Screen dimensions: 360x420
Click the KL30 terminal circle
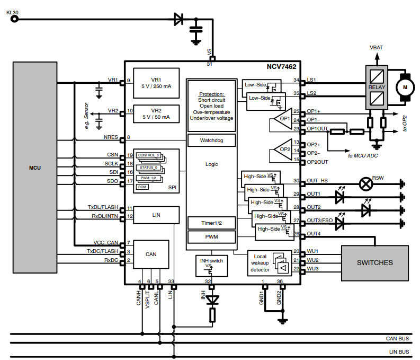pos(14,19)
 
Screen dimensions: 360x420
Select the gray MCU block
pos(34,168)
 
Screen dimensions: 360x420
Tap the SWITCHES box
pos(374,262)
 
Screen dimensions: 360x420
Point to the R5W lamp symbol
pos(365,183)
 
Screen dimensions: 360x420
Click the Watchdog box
pos(211,141)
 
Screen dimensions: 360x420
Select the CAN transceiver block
pos(151,254)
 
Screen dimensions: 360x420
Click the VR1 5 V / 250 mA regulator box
pos(156,82)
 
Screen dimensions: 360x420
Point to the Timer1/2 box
pos(211,223)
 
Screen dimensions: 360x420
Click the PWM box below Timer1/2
pos(211,237)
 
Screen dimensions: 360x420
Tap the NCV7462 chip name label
pos(281,68)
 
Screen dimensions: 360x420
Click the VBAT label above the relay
pos(376,48)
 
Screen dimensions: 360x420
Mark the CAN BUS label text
pos(397,338)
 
